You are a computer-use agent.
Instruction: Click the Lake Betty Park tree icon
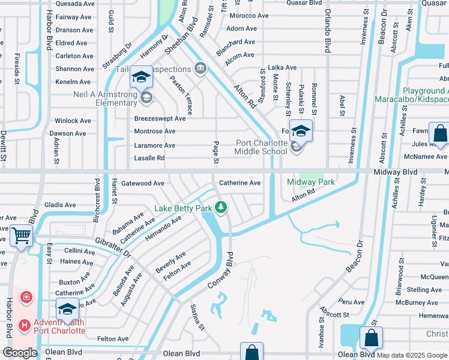point(221,208)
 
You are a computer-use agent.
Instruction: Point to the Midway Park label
point(310,182)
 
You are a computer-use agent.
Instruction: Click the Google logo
point(19,353)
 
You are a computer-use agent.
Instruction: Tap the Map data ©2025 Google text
point(412,355)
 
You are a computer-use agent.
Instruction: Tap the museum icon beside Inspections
point(200,69)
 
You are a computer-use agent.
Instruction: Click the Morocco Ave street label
point(249,16)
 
